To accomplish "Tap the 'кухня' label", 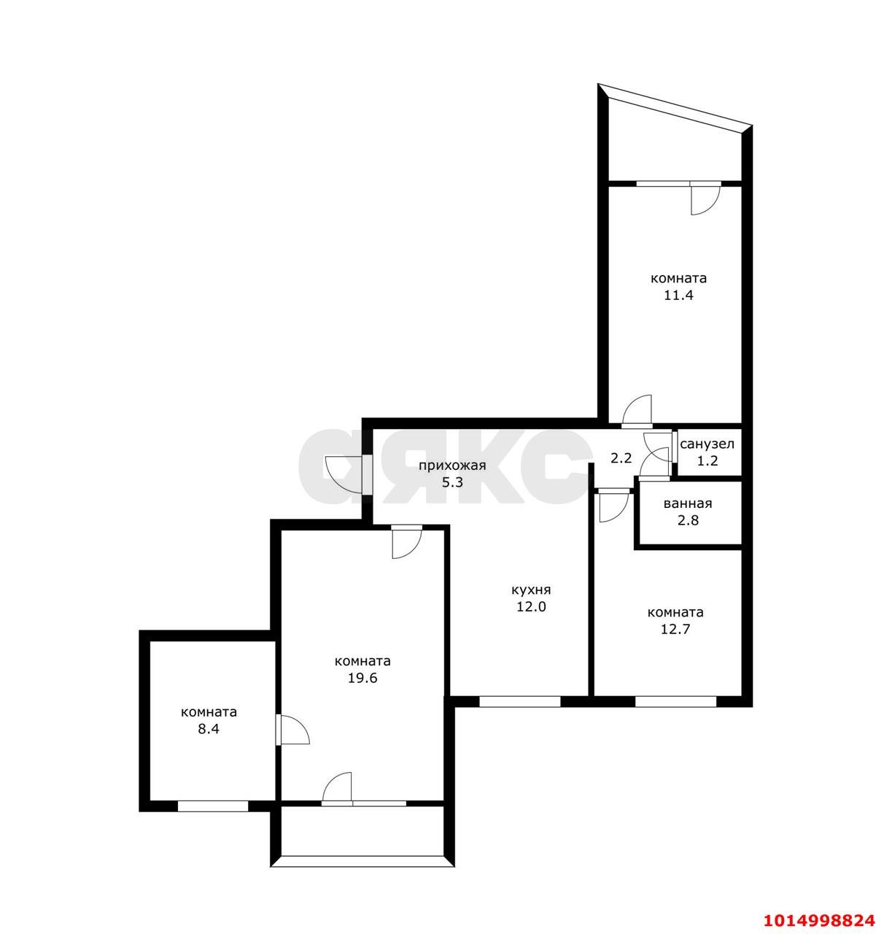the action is click(531, 590).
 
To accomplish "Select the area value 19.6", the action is click(362, 678).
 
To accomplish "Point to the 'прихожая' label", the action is click(452, 466).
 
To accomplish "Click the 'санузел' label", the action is click(707, 444).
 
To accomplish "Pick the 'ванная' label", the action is click(687, 504).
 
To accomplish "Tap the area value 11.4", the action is click(678, 296).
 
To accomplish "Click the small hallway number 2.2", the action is click(621, 458).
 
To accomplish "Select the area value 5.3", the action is click(452, 482).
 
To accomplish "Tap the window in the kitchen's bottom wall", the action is click(519, 701).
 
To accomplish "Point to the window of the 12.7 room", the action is click(675, 701).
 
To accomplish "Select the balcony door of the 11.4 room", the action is click(705, 198).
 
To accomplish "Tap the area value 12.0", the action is click(531, 606).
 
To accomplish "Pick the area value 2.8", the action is click(688, 520).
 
